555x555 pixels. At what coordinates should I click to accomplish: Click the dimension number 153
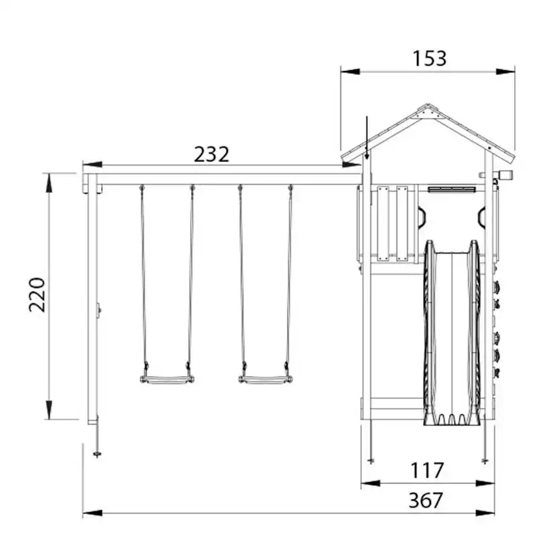click(x=430, y=58)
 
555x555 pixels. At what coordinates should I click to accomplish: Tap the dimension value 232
click(x=212, y=154)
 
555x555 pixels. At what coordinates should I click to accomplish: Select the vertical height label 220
click(x=37, y=295)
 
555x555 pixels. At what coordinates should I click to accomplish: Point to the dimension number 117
click(x=427, y=471)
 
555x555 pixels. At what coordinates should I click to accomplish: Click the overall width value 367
click(x=426, y=500)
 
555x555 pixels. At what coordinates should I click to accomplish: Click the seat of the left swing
click(x=167, y=380)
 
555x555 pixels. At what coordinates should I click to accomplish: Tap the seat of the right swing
click(x=265, y=380)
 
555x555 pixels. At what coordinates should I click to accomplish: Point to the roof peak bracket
click(x=428, y=112)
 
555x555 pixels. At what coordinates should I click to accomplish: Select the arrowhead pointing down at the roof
click(x=367, y=155)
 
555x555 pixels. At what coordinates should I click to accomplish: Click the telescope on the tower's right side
click(x=501, y=174)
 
